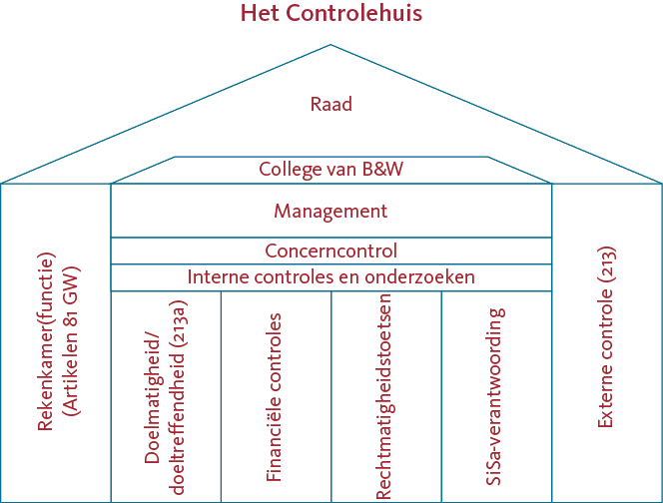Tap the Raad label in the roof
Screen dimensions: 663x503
[x=331, y=105]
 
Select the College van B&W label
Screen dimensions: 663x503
[x=331, y=169]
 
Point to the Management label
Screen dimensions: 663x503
[x=331, y=211]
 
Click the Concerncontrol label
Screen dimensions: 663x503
[x=331, y=251]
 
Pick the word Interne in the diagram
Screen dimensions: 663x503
[x=215, y=277]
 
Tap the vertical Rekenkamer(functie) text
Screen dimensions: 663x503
[x=46, y=341]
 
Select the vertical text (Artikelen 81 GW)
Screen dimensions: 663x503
[x=71, y=341]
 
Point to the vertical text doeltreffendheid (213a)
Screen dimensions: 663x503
[x=178, y=397]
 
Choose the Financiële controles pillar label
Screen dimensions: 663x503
[x=274, y=397]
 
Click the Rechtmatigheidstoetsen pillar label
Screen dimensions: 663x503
[x=384, y=397]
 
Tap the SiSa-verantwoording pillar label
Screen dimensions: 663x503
[x=494, y=396]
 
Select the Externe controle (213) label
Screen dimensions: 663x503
[x=606, y=337]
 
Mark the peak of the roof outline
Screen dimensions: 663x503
[x=331, y=44]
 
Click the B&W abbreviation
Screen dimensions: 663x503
[x=382, y=169]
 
